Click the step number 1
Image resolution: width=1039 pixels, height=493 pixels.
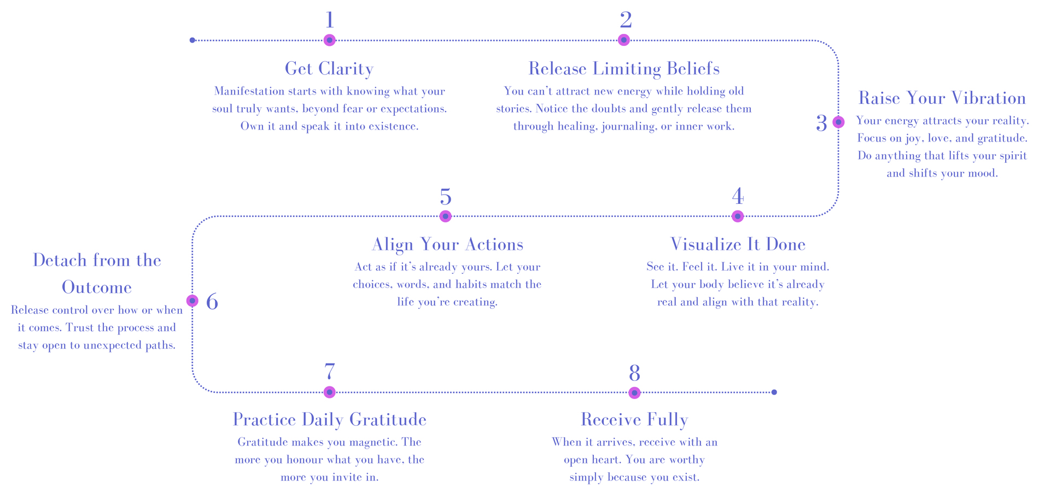click(329, 20)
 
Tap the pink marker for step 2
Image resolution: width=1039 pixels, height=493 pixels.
click(623, 40)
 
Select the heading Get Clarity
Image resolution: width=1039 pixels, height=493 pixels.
click(329, 69)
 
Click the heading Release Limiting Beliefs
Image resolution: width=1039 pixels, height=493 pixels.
click(623, 69)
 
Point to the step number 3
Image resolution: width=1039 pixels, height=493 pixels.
click(821, 124)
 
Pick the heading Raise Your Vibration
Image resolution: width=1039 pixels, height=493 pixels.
click(942, 98)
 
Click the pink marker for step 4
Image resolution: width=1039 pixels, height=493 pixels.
click(738, 216)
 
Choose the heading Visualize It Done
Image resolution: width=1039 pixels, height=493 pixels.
click(738, 244)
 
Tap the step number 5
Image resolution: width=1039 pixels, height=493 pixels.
click(445, 197)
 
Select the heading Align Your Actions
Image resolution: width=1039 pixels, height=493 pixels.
click(447, 244)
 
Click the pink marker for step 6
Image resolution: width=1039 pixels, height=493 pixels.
click(192, 301)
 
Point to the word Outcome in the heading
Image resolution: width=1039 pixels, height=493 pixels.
click(97, 287)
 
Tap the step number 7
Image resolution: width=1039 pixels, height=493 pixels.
click(329, 372)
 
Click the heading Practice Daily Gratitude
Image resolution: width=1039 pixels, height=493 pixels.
click(329, 420)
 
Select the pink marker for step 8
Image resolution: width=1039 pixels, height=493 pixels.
click(634, 392)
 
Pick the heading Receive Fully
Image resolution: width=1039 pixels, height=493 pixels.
click(634, 420)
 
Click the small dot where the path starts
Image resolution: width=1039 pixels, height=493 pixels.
click(192, 40)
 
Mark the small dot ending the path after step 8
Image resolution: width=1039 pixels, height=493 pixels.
click(774, 392)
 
